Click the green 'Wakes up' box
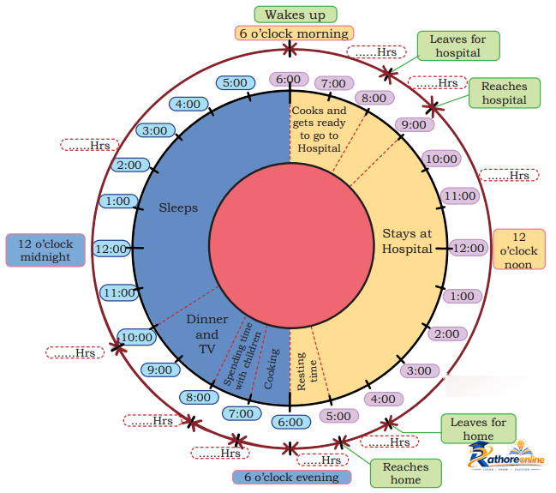pos(296,15)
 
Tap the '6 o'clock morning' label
pos(294,33)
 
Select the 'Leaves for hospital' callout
pos(458,45)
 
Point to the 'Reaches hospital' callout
pos(505,93)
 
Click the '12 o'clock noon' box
pos(519,250)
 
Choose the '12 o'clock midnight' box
pos(45,250)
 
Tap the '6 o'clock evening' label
pos(292,477)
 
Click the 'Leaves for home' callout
pos(478,429)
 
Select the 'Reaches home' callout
pos(406,473)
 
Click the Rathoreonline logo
pos(506,456)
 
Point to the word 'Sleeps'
pos(178,208)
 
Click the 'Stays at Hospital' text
pos(407,241)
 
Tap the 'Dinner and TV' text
pos(207,334)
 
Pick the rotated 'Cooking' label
pos(272,369)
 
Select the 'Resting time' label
pos(307,371)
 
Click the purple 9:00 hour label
pos(414,125)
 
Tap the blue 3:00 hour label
pos(155,130)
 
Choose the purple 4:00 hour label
pos(383,399)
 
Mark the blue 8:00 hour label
pos(199,397)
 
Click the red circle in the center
pos(291,245)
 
